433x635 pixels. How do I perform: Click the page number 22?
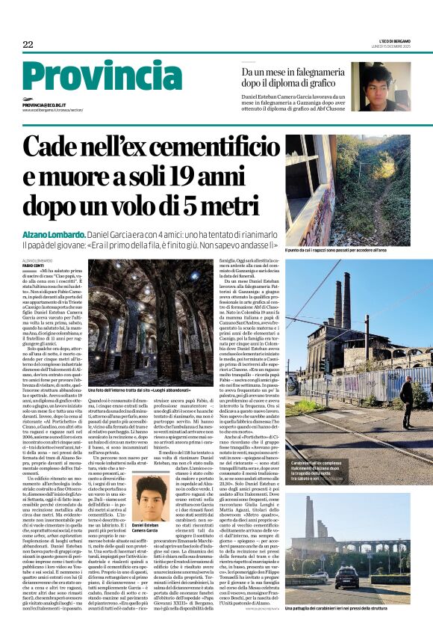point(28,45)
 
